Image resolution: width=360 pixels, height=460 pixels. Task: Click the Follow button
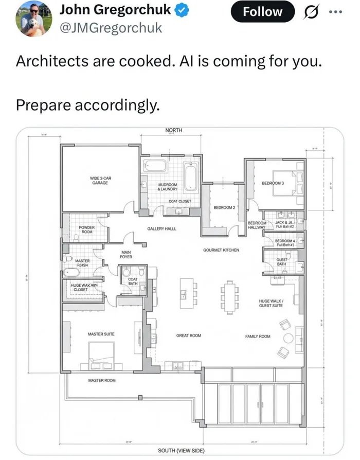pyautogui.click(x=263, y=11)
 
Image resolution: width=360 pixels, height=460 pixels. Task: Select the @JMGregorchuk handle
pyautogui.click(x=111, y=28)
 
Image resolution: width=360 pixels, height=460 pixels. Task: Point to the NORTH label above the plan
pyautogui.click(x=173, y=131)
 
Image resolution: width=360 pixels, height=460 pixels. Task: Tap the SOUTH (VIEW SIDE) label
pyautogui.click(x=181, y=450)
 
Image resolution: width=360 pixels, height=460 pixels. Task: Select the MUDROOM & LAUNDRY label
pyautogui.click(x=168, y=186)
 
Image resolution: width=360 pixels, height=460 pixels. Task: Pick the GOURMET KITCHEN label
pyautogui.click(x=221, y=250)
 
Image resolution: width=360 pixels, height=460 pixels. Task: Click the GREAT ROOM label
pyautogui.click(x=189, y=335)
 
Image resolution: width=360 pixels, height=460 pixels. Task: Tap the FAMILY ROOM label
pyautogui.click(x=258, y=336)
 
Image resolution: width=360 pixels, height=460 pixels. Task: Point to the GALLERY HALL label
pyautogui.click(x=162, y=228)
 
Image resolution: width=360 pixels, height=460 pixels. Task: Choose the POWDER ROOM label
pyautogui.click(x=86, y=229)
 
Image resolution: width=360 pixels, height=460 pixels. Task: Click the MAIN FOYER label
pyautogui.click(x=126, y=254)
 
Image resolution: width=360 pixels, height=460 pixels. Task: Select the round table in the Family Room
pyautogui.click(x=288, y=338)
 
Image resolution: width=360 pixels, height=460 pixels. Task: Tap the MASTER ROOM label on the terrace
pyautogui.click(x=101, y=380)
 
